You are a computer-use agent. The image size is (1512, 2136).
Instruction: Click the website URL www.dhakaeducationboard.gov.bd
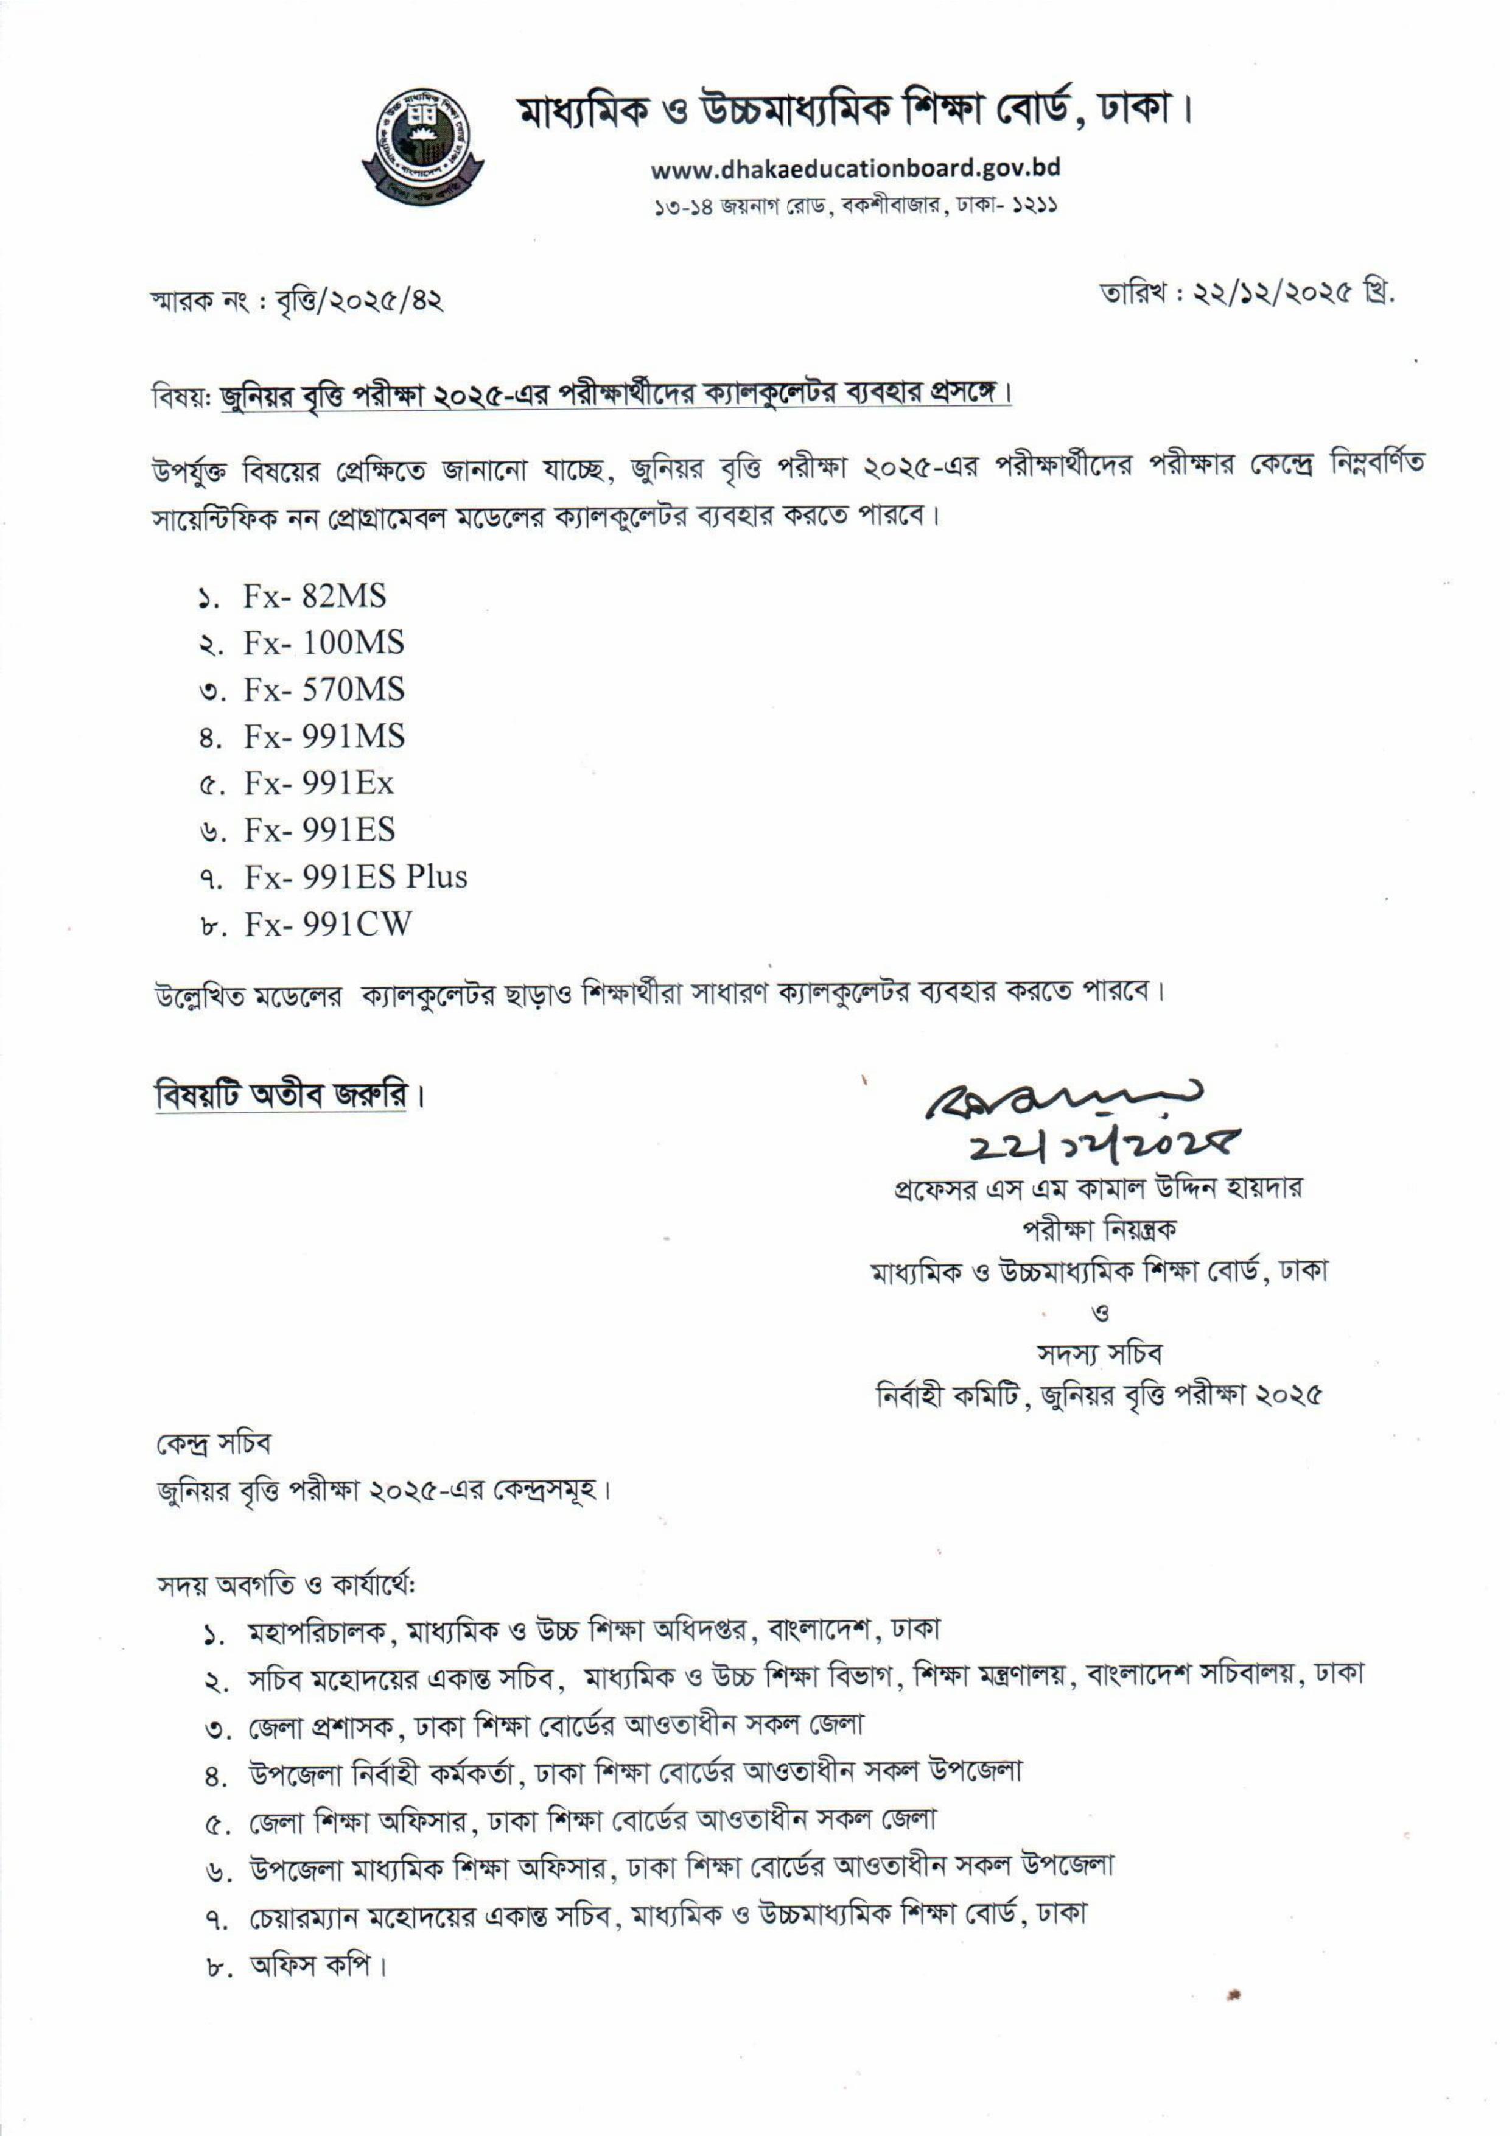click(855, 169)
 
